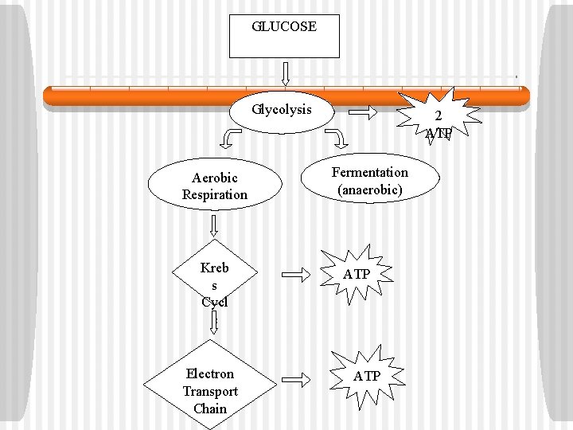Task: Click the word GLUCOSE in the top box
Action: click(x=284, y=26)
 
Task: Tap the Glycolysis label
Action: click(x=283, y=109)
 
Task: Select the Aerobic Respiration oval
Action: click(x=215, y=186)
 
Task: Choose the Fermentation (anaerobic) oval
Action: click(x=370, y=182)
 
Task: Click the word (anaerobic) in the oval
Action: click(x=370, y=190)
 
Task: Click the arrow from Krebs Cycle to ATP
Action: click(x=296, y=276)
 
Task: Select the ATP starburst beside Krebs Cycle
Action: click(x=357, y=275)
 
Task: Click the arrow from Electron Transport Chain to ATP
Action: click(x=296, y=379)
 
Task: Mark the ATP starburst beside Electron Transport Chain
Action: click(x=366, y=376)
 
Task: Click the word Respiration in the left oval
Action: click(x=215, y=195)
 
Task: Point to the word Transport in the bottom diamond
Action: click(x=210, y=391)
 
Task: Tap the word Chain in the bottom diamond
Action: click(x=210, y=408)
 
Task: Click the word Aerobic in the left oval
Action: click(x=215, y=178)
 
